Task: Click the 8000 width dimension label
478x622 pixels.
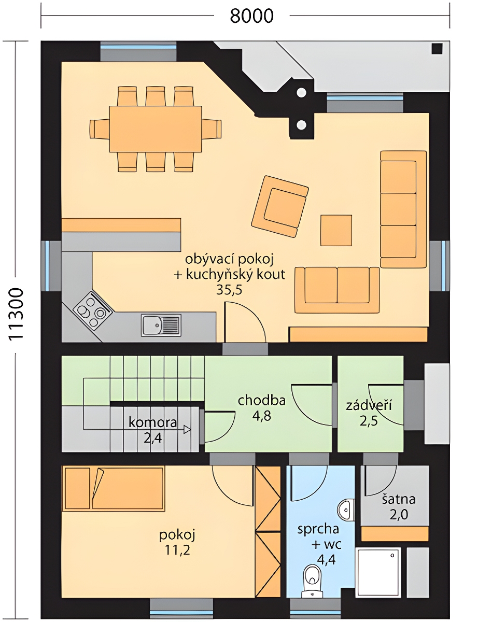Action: coord(251,16)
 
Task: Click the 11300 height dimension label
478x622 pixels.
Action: coord(16,314)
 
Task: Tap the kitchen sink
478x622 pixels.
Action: coord(161,325)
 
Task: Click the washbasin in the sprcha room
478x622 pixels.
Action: coord(346,511)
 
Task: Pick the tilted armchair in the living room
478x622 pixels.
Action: coord(280,206)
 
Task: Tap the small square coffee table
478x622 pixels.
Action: coord(336,231)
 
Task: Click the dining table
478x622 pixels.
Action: coord(156,129)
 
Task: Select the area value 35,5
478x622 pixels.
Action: coord(229,290)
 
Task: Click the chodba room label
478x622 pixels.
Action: coord(262,400)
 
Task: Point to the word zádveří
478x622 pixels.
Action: coord(369,405)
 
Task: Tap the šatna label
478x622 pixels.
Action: coord(399,500)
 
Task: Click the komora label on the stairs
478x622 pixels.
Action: coord(153,422)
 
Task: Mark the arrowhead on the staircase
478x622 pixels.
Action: coord(187,429)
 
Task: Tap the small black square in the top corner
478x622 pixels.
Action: coord(437,49)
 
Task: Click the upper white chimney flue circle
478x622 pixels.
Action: coord(301,92)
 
